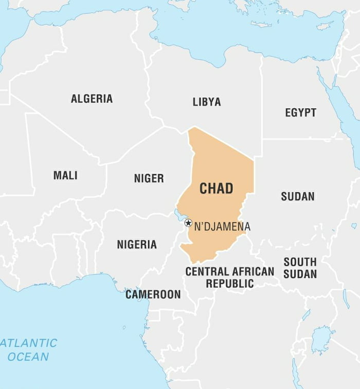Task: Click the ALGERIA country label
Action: (92, 99)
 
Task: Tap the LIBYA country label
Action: (207, 102)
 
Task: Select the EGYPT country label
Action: (301, 113)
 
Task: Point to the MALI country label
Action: (65, 175)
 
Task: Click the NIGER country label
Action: (149, 178)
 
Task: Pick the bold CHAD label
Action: (216, 189)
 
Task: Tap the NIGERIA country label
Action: (137, 245)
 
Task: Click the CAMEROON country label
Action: (153, 294)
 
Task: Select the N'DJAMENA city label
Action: (222, 226)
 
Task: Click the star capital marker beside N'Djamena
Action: (188, 223)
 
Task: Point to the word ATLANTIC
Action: (29, 343)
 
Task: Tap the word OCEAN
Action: (28, 357)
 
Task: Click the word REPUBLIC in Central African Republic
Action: (230, 283)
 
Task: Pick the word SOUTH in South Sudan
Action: (300, 262)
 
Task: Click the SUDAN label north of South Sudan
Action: (297, 196)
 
